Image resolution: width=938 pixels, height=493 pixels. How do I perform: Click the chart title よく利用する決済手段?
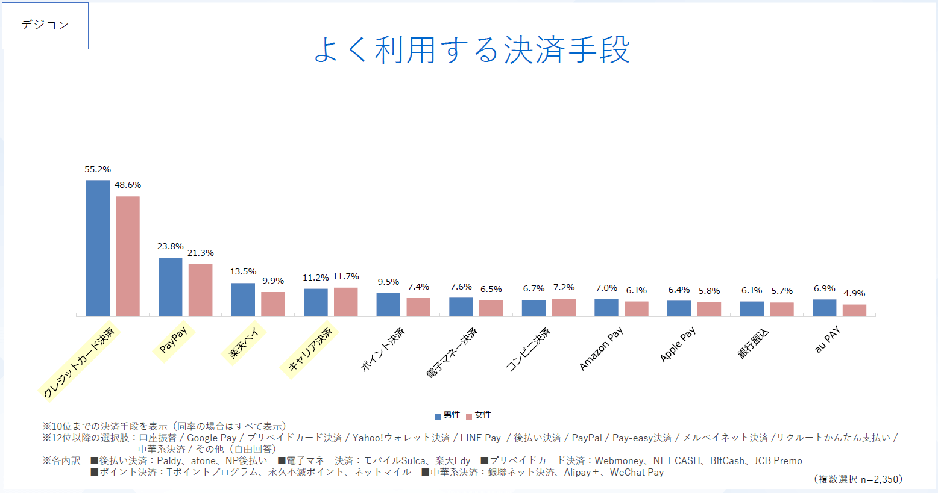click(471, 49)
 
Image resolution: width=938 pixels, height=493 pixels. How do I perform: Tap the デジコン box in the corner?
click(45, 25)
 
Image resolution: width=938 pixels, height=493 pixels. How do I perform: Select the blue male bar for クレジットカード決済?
click(98, 248)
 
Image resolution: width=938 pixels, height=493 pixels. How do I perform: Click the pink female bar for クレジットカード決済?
click(128, 256)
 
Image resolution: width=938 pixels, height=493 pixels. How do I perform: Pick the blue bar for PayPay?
click(170, 287)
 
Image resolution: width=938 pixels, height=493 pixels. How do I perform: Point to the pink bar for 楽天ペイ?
click(273, 304)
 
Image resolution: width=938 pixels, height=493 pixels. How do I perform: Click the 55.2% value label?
click(98, 169)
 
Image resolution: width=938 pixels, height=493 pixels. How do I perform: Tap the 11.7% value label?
click(346, 276)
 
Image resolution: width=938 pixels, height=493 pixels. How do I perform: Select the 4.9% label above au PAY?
click(854, 293)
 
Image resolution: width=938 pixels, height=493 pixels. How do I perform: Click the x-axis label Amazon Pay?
click(601, 349)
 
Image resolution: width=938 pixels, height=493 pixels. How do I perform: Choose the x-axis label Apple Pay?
click(678, 344)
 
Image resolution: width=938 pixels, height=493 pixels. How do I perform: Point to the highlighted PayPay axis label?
click(174, 340)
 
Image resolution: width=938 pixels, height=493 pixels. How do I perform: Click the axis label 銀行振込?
click(754, 344)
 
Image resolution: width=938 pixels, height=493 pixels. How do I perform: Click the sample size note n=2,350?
click(880, 479)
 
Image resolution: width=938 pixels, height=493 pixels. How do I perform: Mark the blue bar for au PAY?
click(824, 308)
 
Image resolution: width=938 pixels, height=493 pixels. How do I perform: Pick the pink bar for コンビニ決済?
click(564, 307)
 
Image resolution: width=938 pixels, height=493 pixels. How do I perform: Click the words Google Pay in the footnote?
click(212, 438)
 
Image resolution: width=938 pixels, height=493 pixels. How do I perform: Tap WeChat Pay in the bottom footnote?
click(637, 473)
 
